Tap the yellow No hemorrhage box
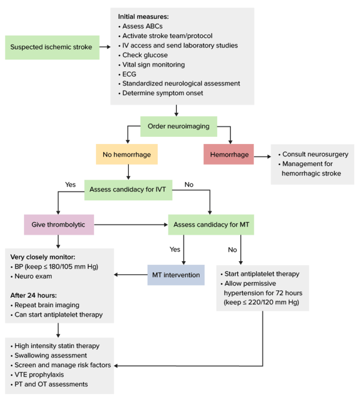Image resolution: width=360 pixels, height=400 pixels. point(126,154)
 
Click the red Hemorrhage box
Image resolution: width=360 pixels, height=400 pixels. point(228,154)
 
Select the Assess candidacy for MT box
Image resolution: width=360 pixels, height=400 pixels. point(211,225)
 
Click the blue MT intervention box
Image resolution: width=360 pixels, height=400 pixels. point(176,275)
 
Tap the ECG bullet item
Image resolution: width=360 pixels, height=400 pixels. point(129,74)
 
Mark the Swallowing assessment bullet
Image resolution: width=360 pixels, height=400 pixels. point(50,355)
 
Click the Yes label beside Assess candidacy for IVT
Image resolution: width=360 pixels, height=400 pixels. point(70,184)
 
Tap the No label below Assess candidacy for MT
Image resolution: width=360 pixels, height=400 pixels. point(232,249)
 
